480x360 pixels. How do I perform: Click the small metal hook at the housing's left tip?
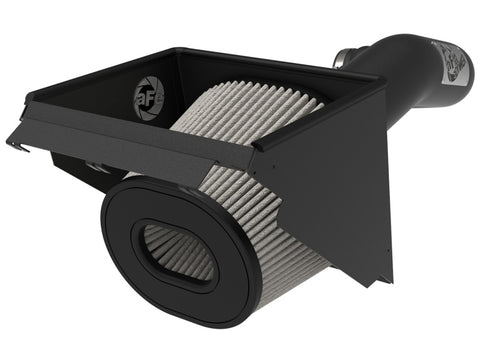pyautogui.click(x=15, y=145)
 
